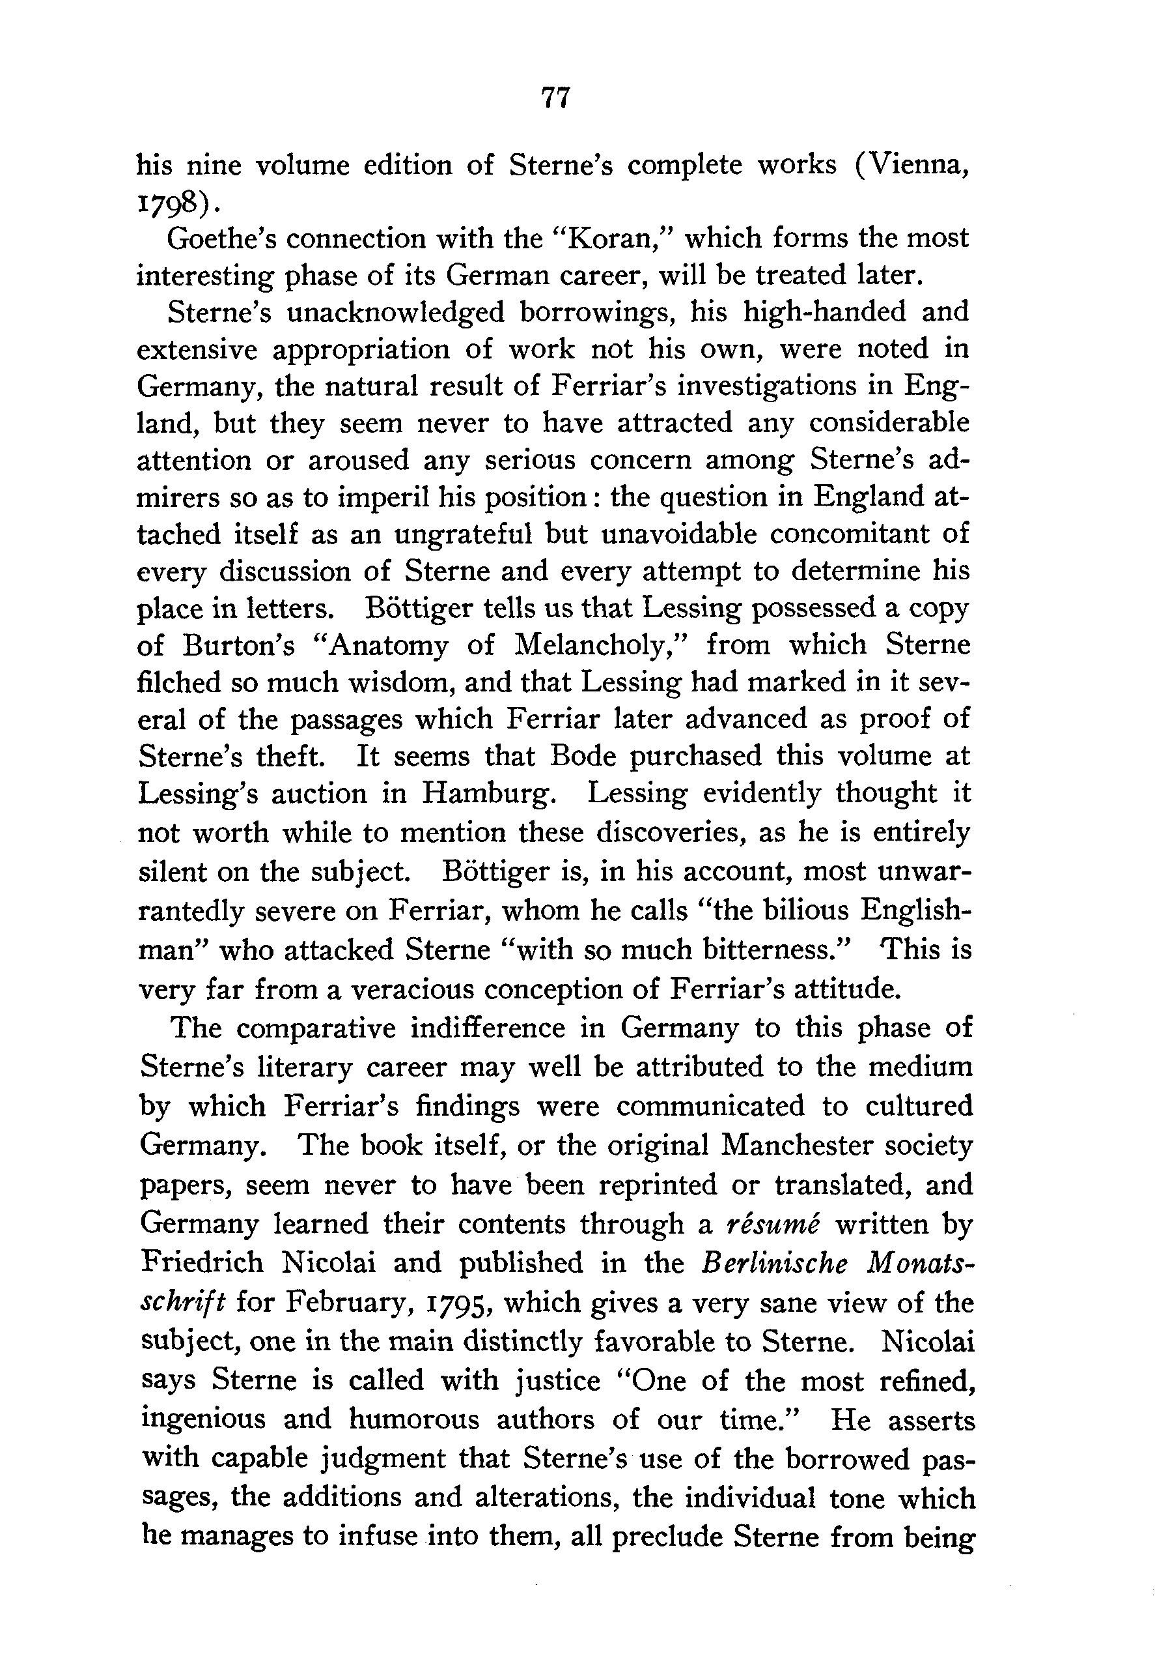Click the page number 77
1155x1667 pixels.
[556, 97]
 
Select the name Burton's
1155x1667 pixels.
[239, 645]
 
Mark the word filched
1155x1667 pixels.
[179, 682]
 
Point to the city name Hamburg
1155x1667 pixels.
[489, 794]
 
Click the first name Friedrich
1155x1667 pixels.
[202, 1262]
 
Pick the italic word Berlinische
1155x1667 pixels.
[774, 1262]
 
